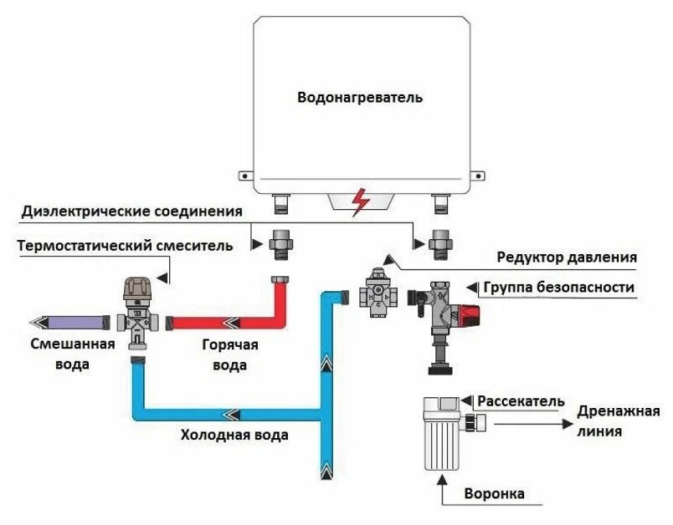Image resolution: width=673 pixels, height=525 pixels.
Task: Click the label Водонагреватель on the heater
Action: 360,97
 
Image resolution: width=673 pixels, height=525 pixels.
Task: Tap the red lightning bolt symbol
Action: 361,201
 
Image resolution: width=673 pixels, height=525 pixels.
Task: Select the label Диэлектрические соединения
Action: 133,211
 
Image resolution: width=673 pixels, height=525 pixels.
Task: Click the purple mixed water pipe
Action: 70,321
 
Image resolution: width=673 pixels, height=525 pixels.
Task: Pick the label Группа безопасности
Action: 558,288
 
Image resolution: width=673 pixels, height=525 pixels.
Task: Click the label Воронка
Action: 496,494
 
